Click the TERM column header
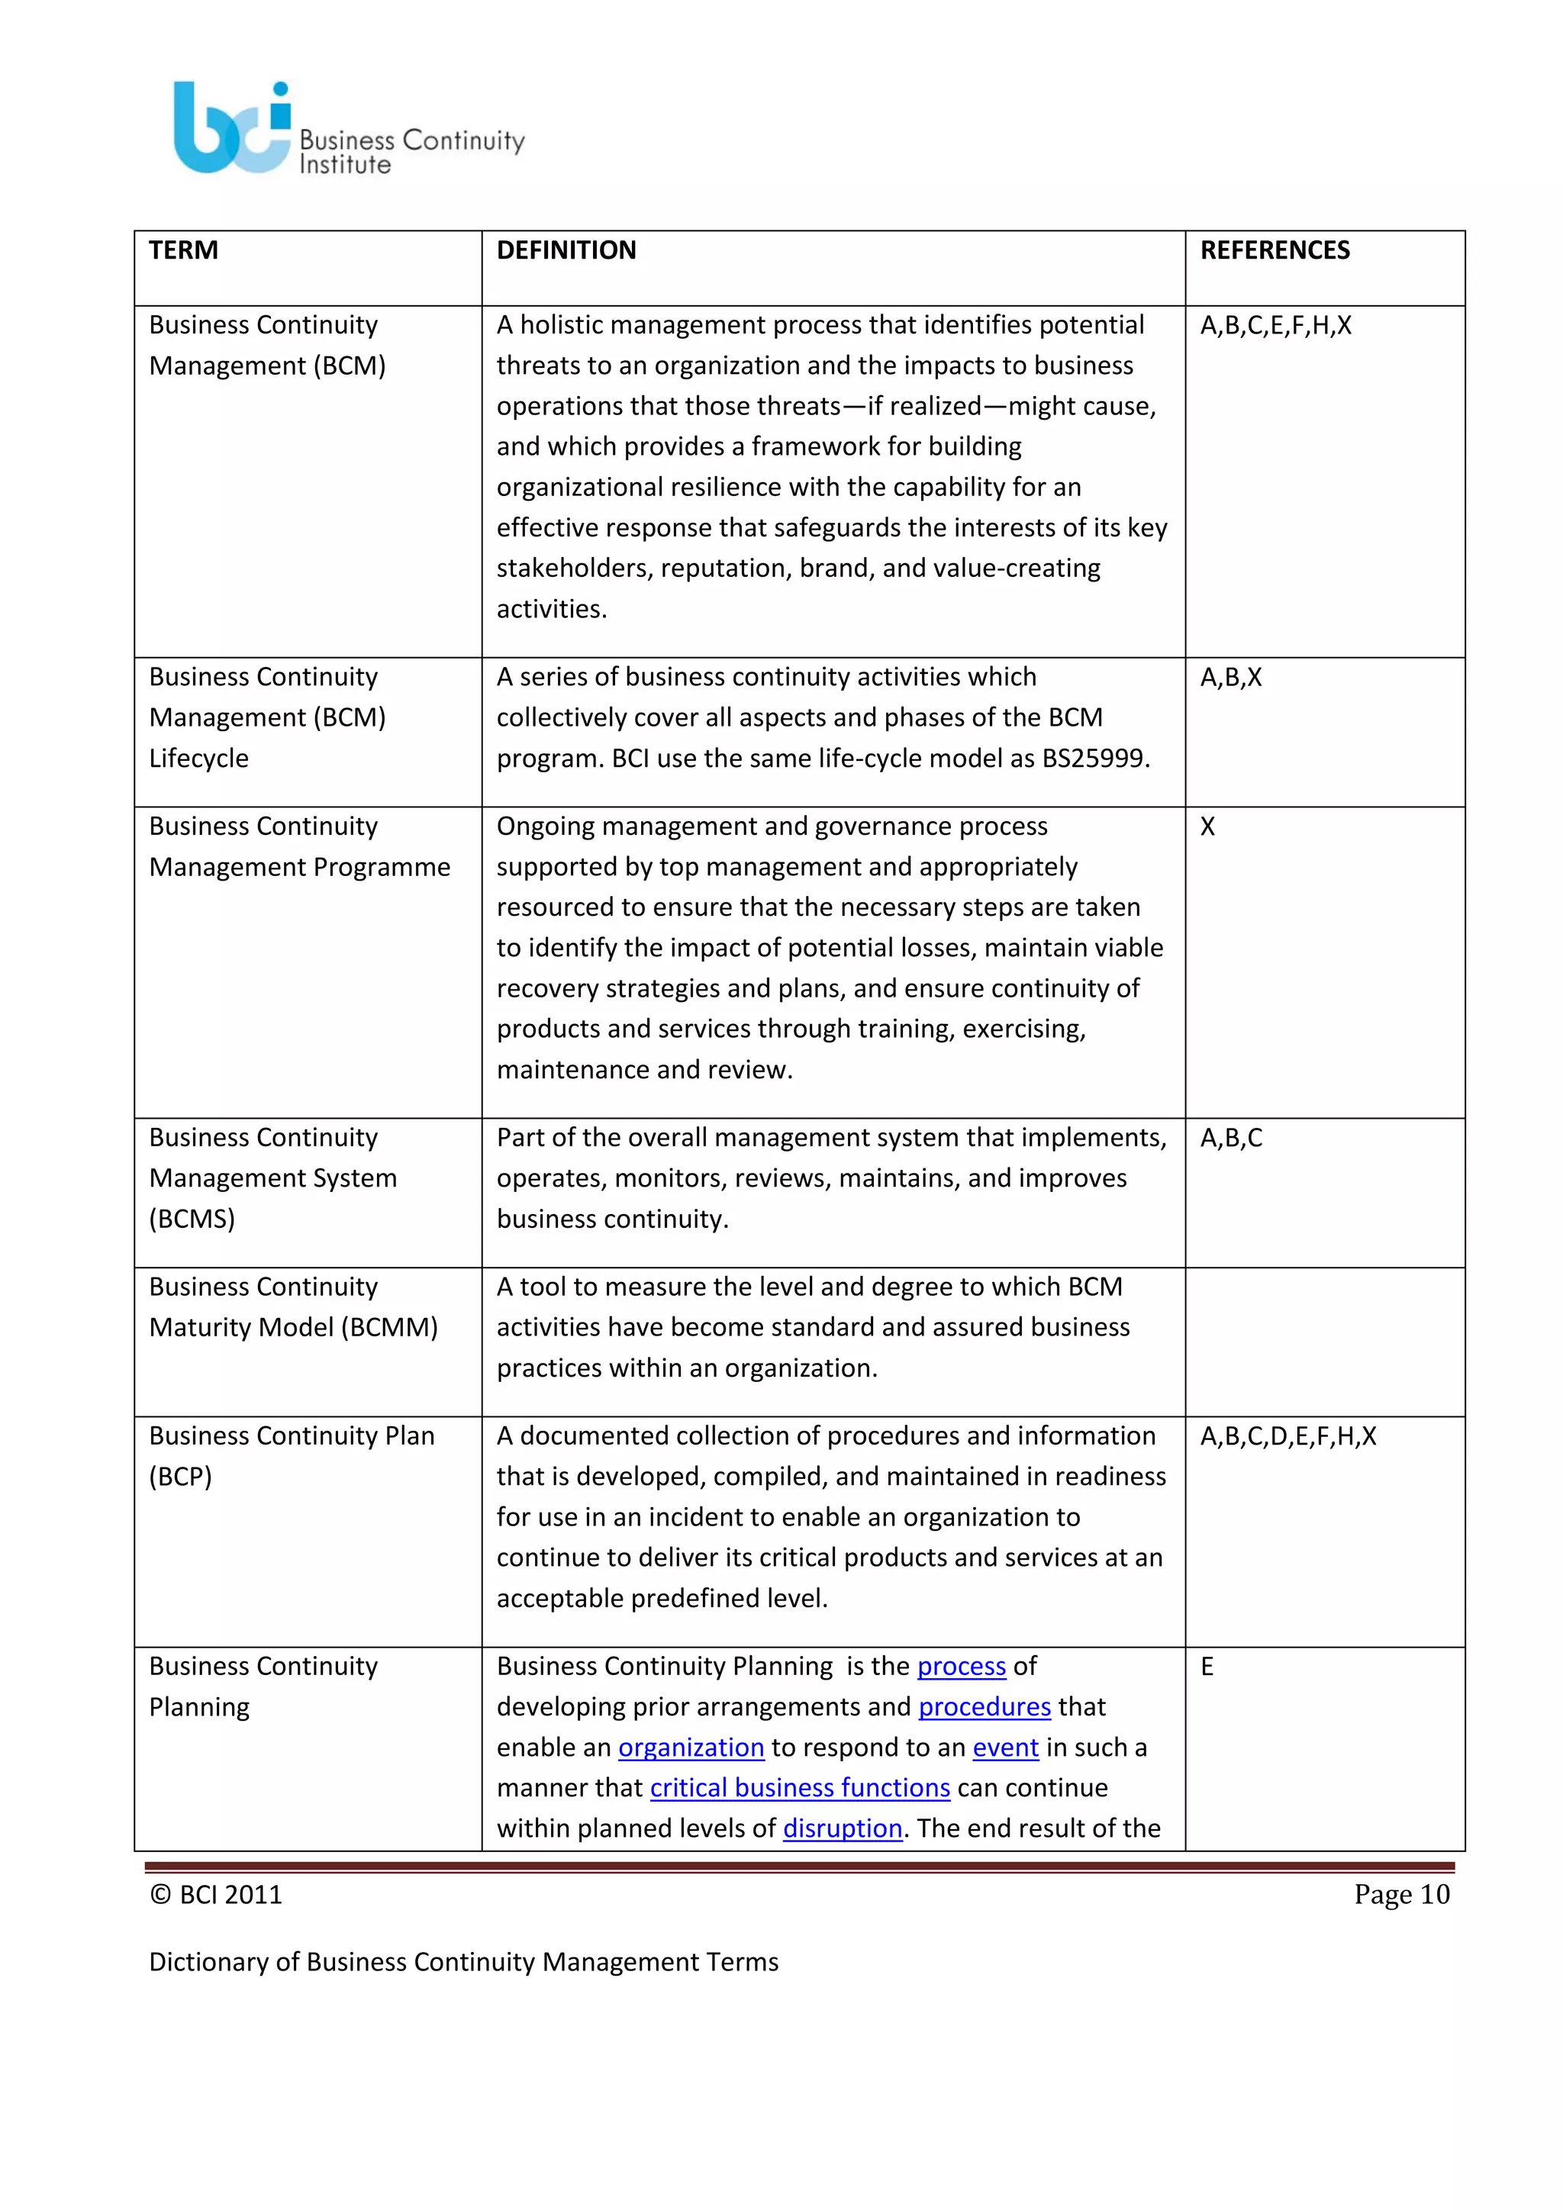[x=184, y=250]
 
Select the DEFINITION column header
[x=566, y=250]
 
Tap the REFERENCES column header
[x=1275, y=250]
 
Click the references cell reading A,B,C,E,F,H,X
[x=1275, y=325]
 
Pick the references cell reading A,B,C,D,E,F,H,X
[x=1287, y=1436]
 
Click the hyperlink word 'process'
[x=961, y=1666]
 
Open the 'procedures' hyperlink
[x=984, y=1706]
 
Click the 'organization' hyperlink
[x=690, y=1747]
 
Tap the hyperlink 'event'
[x=1005, y=1747]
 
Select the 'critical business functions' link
[x=799, y=1787]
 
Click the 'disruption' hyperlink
[x=842, y=1828]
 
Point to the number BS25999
[x=1094, y=759]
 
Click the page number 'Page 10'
[x=1400, y=1894]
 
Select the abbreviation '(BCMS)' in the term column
[x=192, y=1219]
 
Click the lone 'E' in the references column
[x=1207, y=1666]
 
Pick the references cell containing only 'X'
[x=1207, y=826]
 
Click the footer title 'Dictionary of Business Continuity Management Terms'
[x=463, y=1962]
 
